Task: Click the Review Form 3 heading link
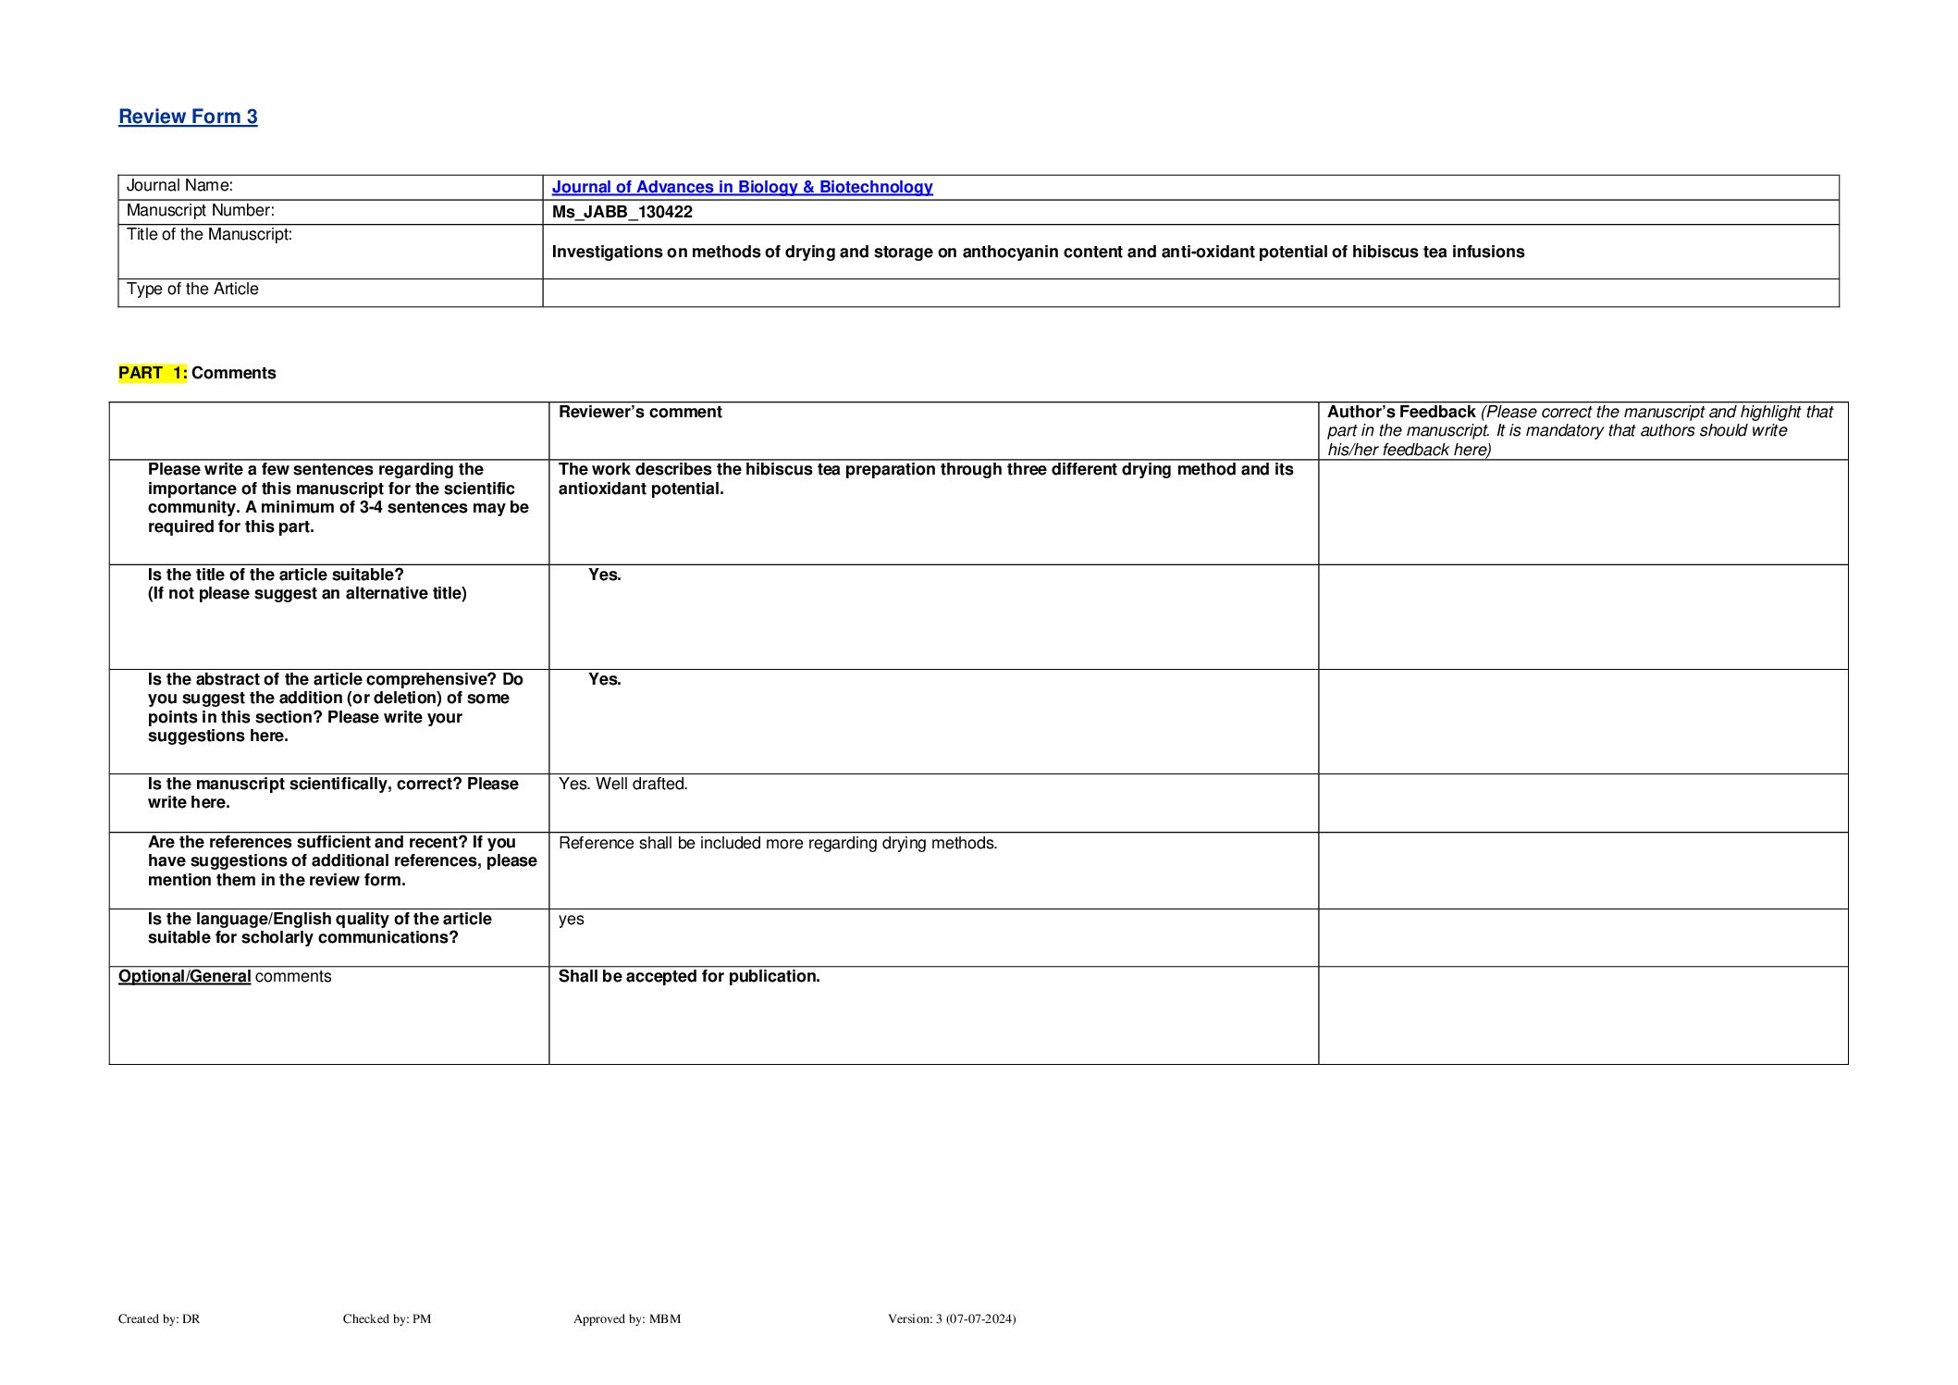pos(188,117)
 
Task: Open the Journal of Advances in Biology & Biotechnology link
pos(742,187)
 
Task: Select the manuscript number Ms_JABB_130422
pos(622,212)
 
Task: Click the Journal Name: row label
pos(179,186)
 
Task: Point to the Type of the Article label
pos(192,290)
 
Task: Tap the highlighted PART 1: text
pos(153,373)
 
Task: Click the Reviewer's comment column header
pos(640,412)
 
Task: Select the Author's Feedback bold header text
pos(1400,412)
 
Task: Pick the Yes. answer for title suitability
pos(605,575)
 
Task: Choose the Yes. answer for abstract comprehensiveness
pos(605,679)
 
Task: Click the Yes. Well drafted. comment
pos(623,784)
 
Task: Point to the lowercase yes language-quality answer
pos(572,919)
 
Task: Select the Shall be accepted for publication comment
pos(689,976)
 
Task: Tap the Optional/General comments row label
pos(225,976)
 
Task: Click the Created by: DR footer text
pos(159,1318)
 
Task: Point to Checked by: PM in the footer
pos(387,1318)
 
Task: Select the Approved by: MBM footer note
pos(627,1318)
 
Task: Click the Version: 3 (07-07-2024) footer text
pos(952,1318)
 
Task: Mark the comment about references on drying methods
pos(778,843)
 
